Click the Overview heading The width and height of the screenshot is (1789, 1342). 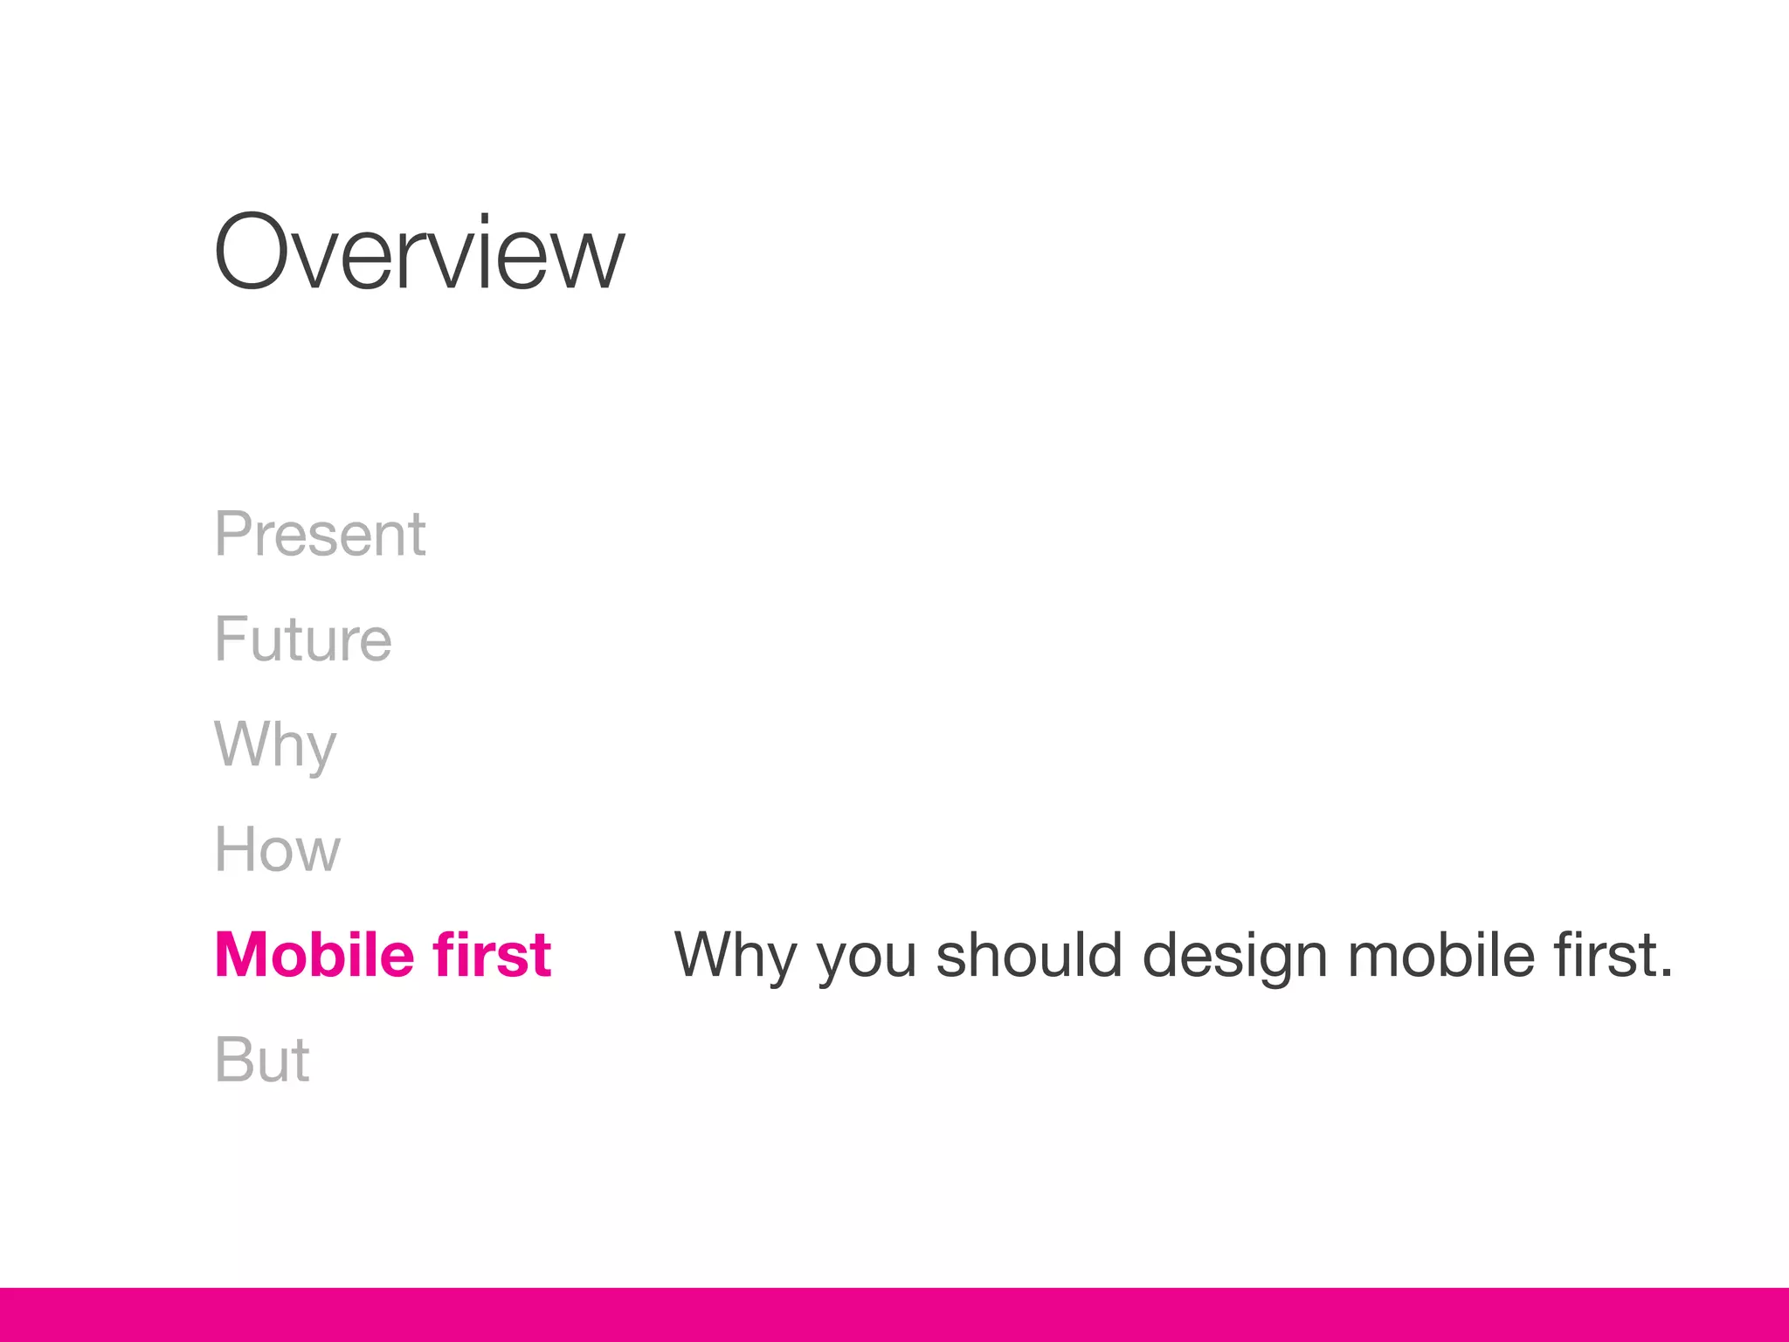[x=419, y=253]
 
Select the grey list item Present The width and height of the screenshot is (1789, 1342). [x=320, y=534]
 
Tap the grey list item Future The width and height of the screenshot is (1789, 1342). [x=303, y=640]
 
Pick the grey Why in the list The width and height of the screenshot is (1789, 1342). [x=275, y=745]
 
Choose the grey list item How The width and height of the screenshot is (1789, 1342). [x=277, y=849]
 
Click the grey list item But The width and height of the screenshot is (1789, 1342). [x=262, y=1060]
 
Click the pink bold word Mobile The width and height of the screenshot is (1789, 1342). [x=314, y=954]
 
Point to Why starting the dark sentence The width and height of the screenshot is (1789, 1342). [x=735, y=955]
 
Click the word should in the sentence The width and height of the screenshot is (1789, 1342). [x=1029, y=954]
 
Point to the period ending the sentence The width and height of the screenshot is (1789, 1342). [x=1666, y=973]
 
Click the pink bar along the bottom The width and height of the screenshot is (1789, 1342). [x=894, y=1314]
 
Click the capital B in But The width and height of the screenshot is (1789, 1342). [x=232, y=1060]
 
